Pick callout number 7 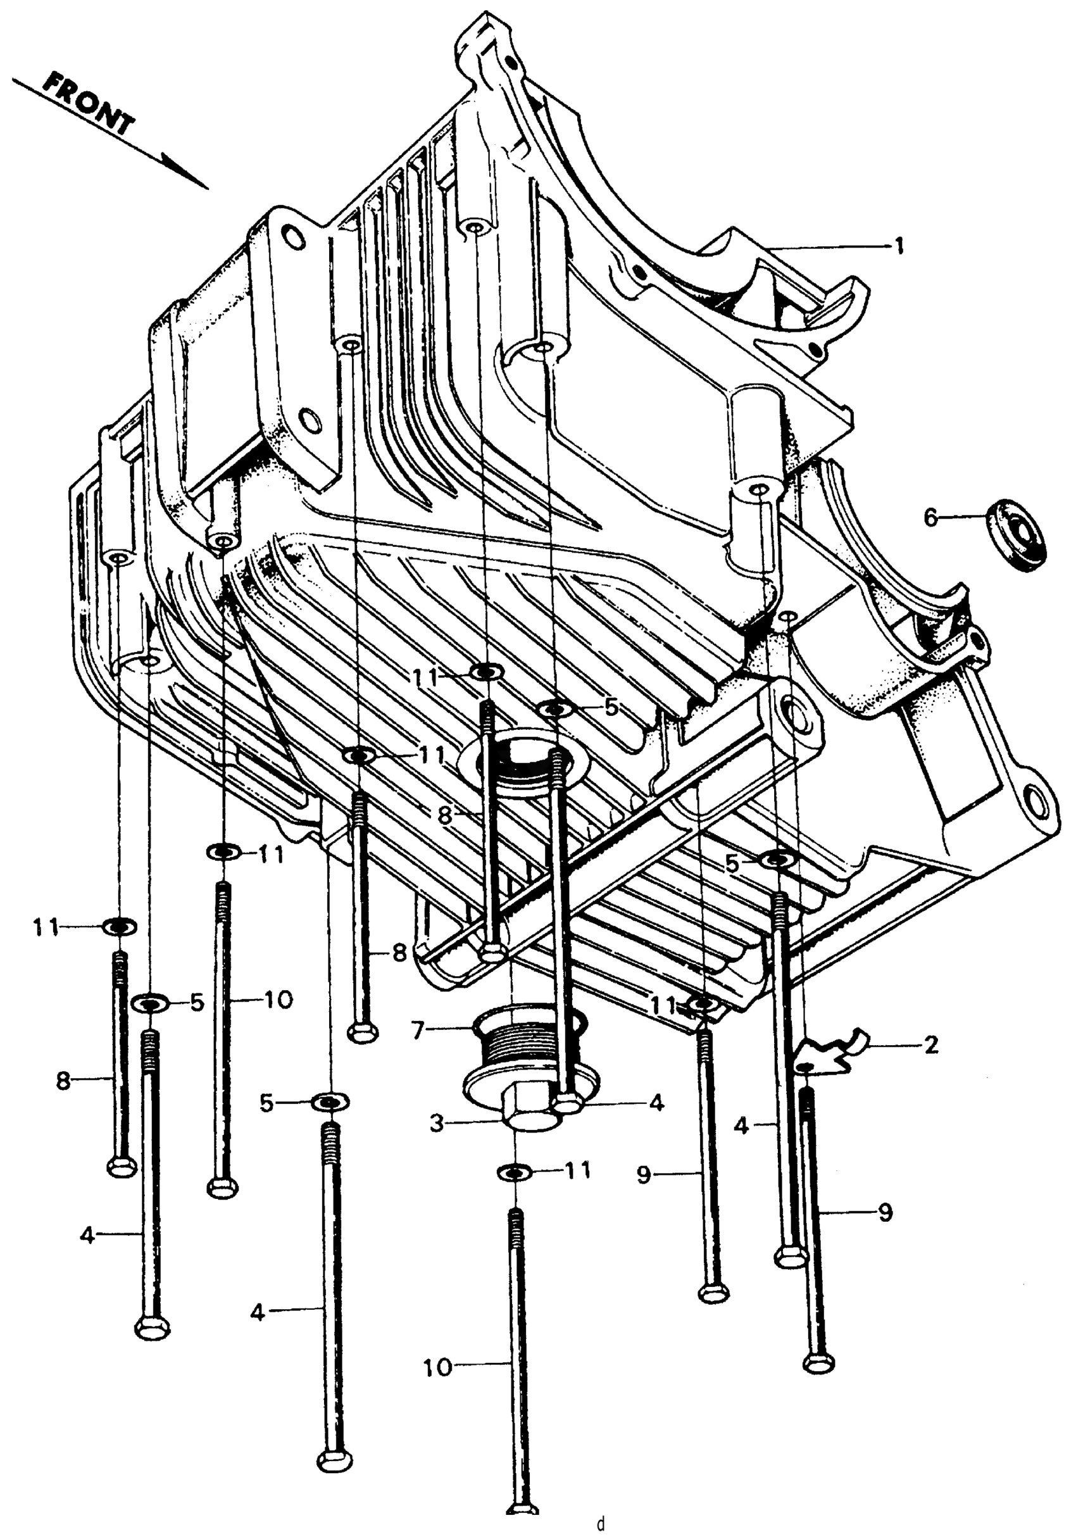coord(418,1032)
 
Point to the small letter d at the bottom coord(600,1524)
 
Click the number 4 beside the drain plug coord(656,1102)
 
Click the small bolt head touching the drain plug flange coord(568,1103)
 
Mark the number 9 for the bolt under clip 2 coord(885,1212)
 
